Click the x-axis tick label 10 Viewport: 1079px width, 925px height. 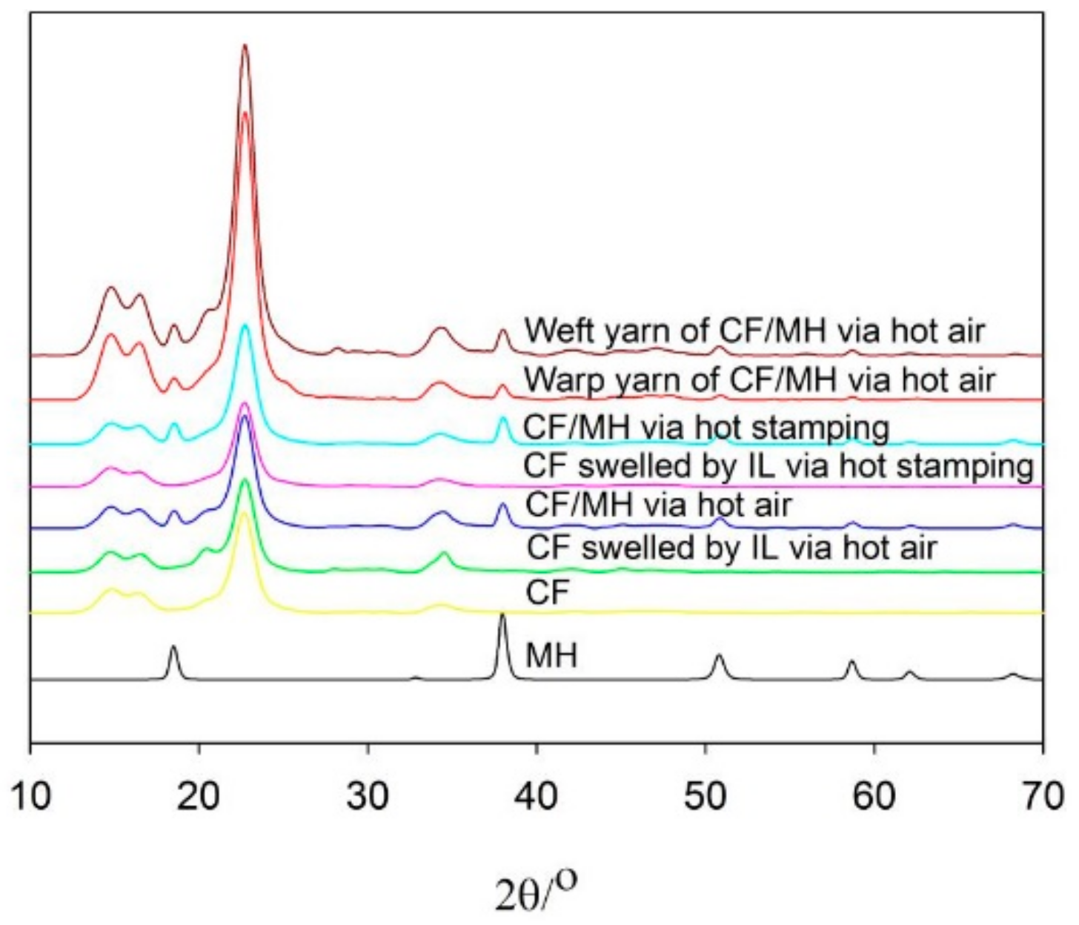(x=30, y=797)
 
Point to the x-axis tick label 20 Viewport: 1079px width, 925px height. (x=199, y=797)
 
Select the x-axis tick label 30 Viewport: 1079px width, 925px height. (x=368, y=797)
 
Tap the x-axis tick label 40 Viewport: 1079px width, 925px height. (x=536, y=797)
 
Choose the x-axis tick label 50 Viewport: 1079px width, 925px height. (x=705, y=797)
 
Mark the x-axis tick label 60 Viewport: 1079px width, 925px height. (x=874, y=797)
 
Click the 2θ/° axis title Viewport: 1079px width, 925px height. (x=536, y=892)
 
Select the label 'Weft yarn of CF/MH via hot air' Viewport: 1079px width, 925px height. (x=754, y=331)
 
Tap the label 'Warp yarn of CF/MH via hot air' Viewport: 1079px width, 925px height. (x=759, y=380)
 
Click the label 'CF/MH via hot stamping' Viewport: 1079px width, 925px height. (x=705, y=428)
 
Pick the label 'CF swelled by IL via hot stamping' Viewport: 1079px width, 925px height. (x=778, y=467)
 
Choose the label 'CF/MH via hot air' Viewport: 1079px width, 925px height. (x=658, y=505)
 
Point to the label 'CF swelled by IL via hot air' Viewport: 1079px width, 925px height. (x=731, y=548)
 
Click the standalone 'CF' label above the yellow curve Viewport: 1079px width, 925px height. (x=546, y=593)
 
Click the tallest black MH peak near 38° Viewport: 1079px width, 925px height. (x=502, y=615)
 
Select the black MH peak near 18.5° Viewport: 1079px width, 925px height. (x=173, y=647)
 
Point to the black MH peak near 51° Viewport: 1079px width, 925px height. (x=718, y=656)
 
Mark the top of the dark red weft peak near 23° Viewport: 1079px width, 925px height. (x=245, y=46)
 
